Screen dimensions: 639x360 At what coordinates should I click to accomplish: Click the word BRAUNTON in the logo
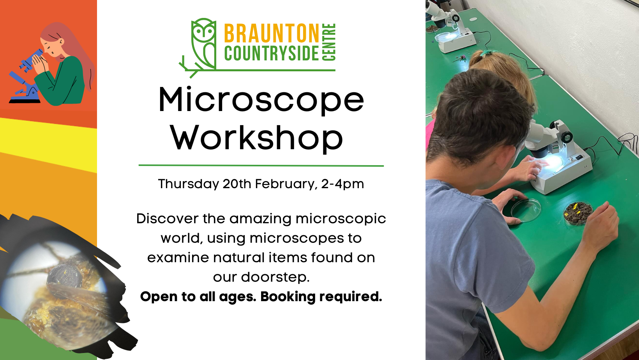click(272, 33)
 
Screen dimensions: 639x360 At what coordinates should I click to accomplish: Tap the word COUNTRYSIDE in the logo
click(271, 53)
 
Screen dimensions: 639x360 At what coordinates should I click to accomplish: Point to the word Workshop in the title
click(256, 138)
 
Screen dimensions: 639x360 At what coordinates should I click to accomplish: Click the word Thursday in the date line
click(189, 184)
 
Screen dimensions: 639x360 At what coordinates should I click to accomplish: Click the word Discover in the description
click(167, 219)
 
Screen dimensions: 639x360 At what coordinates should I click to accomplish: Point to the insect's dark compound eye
click(64, 275)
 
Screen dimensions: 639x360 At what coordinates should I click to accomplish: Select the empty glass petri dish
click(526, 210)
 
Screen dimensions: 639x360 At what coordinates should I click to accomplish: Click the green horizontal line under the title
click(261, 166)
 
